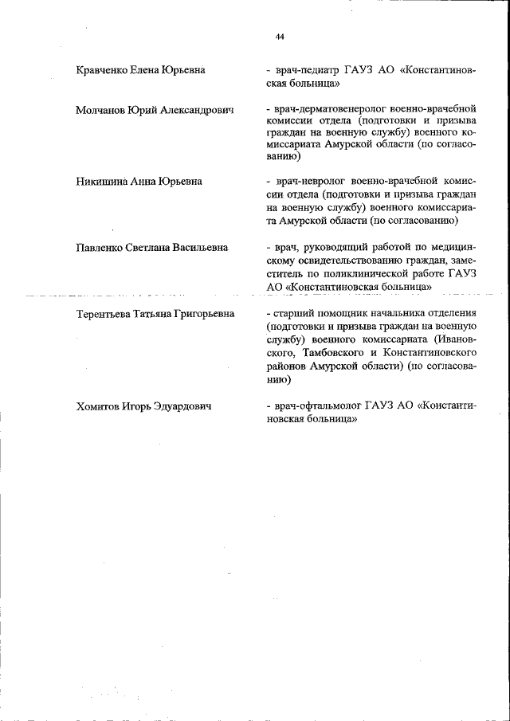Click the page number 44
[x=280, y=37]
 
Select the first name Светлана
[x=155, y=248]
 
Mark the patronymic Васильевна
[x=205, y=248]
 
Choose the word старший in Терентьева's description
[x=295, y=314]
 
